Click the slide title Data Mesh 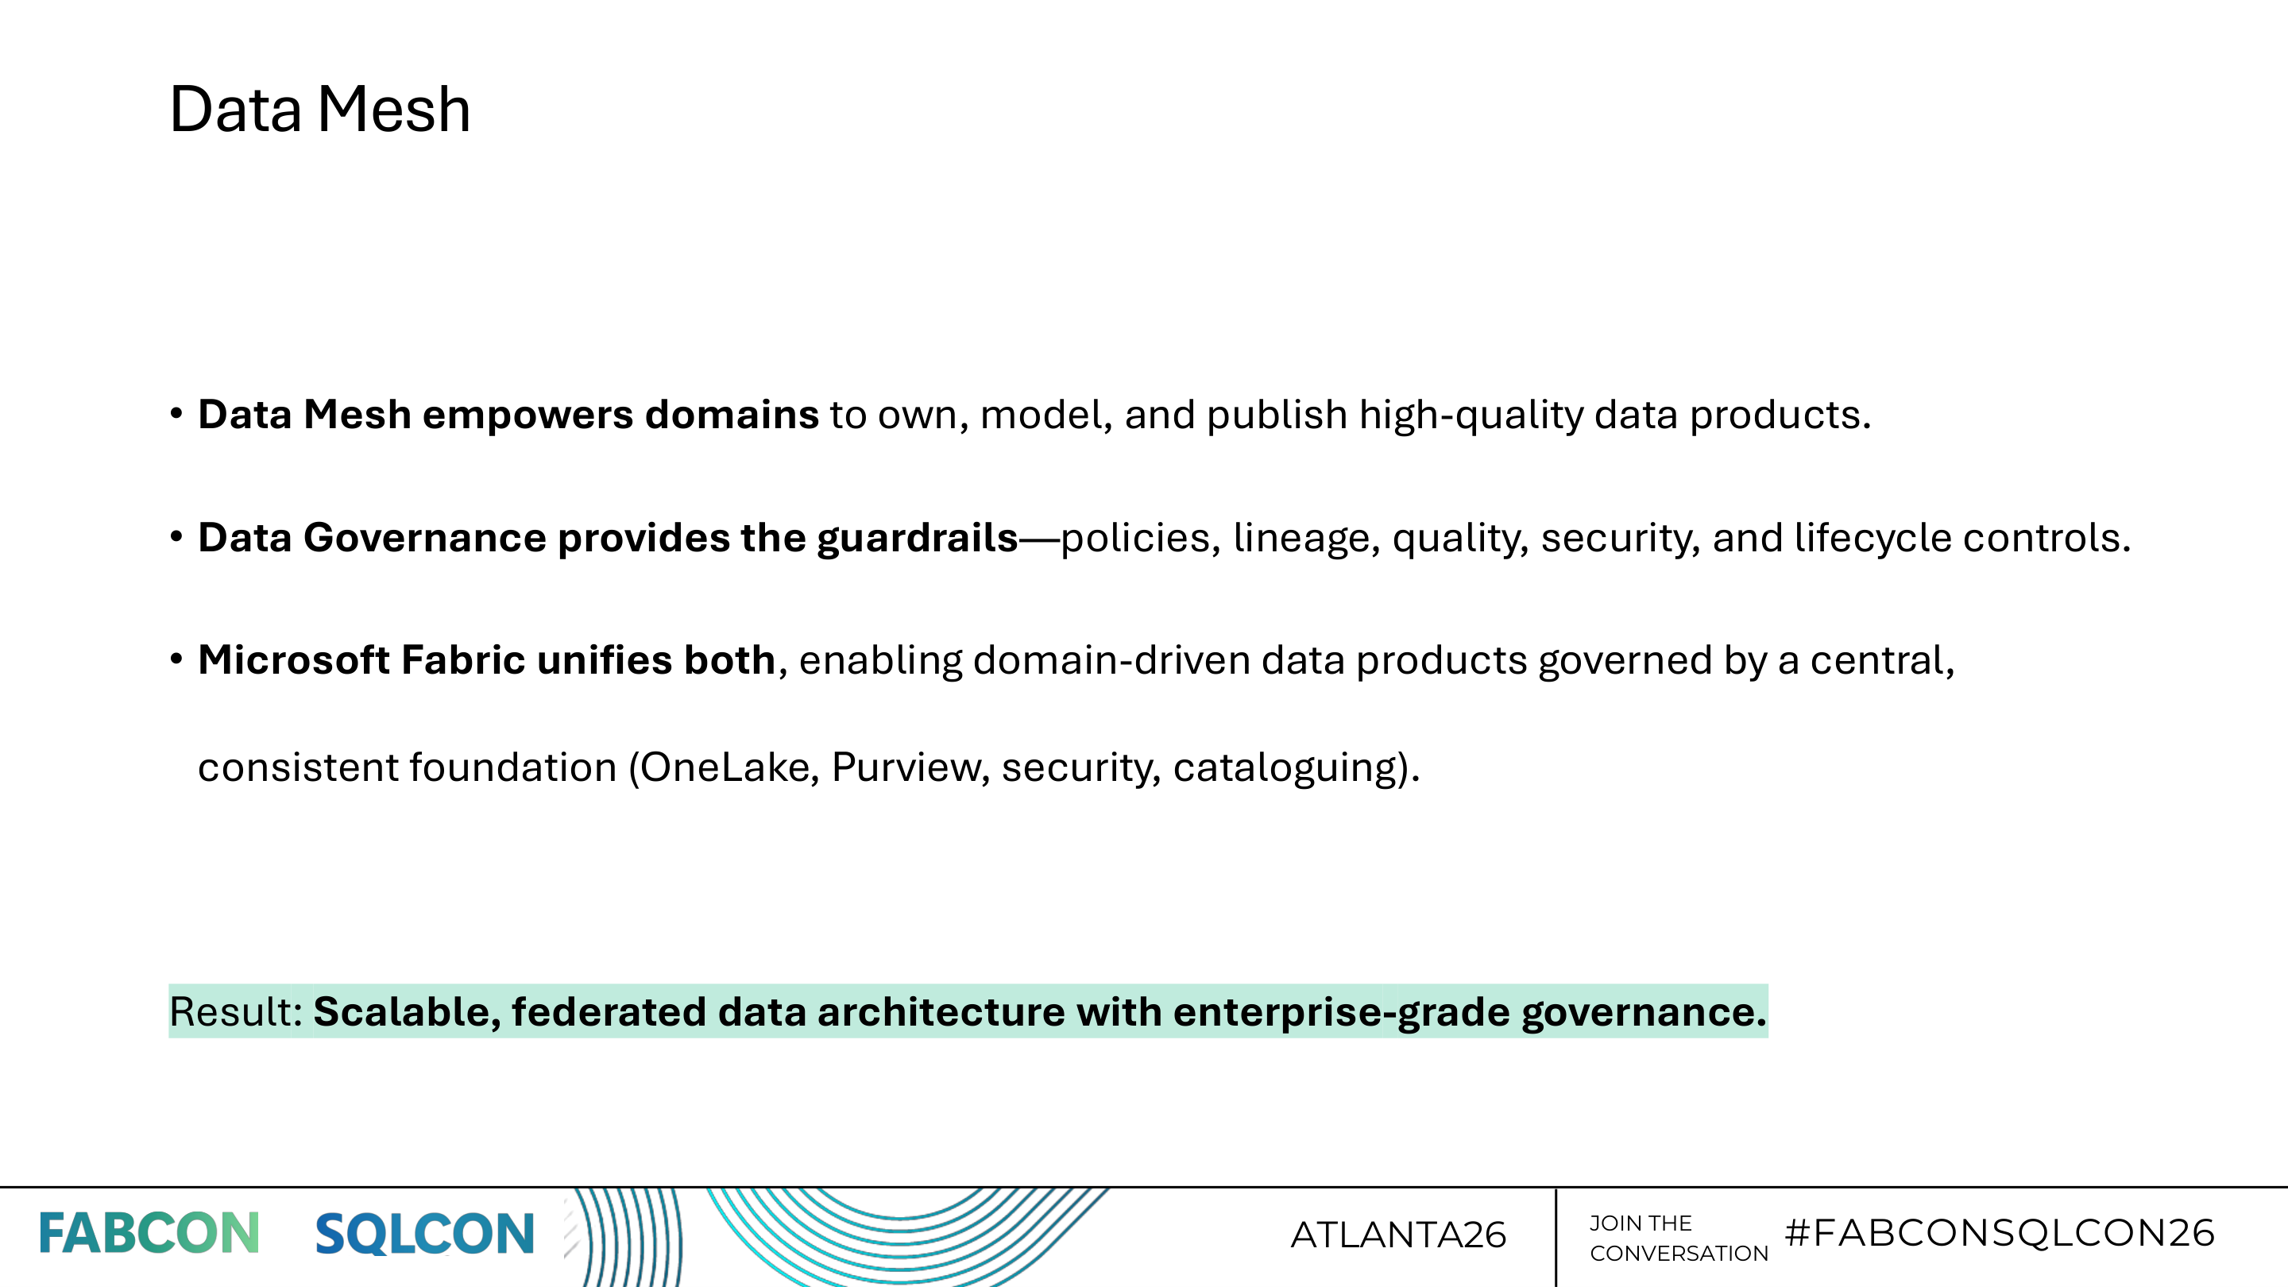pos(319,110)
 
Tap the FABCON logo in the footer pos(149,1234)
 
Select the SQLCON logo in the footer pos(424,1234)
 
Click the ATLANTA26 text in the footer pos(1398,1235)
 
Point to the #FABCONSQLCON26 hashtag pos(2000,1233)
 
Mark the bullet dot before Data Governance pos(176,536)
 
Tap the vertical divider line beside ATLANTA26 pos(1556,1237)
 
